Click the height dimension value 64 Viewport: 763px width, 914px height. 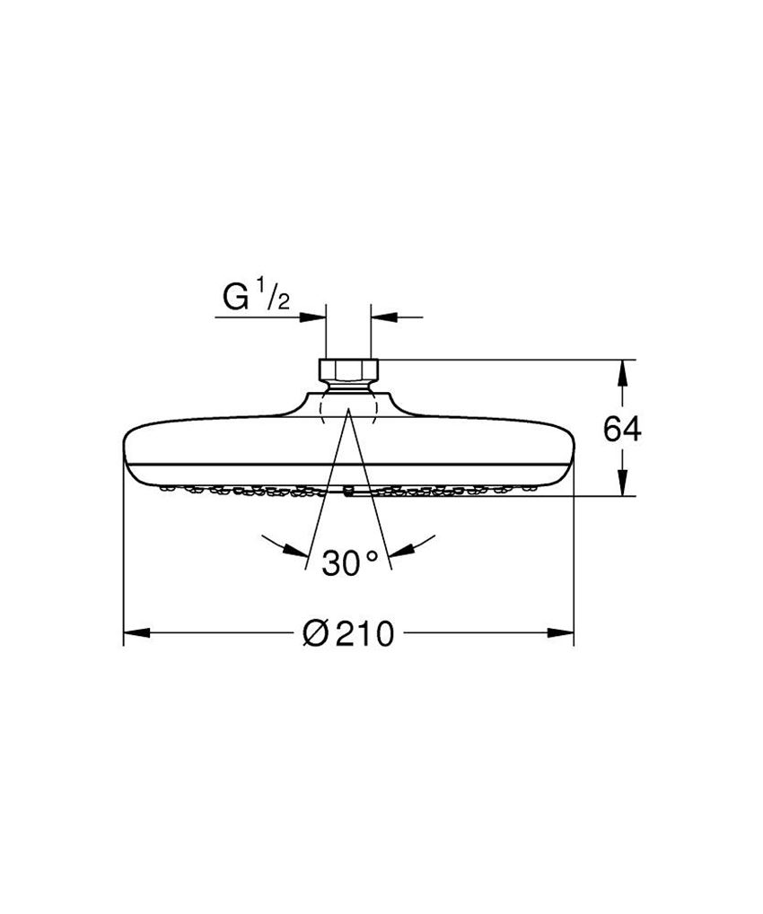pos(622,430)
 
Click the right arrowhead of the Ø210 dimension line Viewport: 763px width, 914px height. pos(562,634)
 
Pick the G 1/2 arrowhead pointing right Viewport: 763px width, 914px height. pos(314,316)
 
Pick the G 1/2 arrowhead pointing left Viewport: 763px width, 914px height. pos(382,316)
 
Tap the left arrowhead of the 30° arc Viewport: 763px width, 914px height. pos(291,548)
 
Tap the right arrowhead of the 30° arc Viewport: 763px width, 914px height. pos(404,548)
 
